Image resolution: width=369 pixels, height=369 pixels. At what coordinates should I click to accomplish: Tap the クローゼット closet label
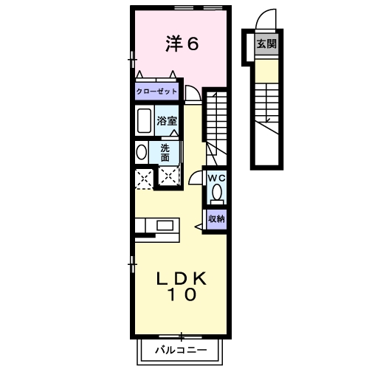point(156,92)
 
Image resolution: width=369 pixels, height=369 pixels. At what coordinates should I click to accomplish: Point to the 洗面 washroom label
point(165,152)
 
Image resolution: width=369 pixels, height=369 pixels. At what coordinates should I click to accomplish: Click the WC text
point(215,178)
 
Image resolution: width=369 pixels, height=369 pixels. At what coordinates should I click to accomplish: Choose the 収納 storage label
point(215,218)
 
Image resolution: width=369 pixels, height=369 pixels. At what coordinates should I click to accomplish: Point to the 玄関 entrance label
point(266,44)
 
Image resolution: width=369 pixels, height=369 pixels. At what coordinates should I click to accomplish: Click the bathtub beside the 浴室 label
point(144,120)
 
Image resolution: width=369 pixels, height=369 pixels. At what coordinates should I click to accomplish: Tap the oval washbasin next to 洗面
point(141,152)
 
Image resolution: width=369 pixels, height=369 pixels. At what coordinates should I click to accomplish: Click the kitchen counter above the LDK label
point(157,225)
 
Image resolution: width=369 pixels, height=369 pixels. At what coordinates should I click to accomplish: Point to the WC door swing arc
point(195,177)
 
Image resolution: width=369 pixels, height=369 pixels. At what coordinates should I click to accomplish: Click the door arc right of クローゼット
point(192,93)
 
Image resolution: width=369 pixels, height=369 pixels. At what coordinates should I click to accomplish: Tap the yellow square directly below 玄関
point(266,70)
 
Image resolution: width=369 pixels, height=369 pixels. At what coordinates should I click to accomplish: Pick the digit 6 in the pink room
point(192,45)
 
